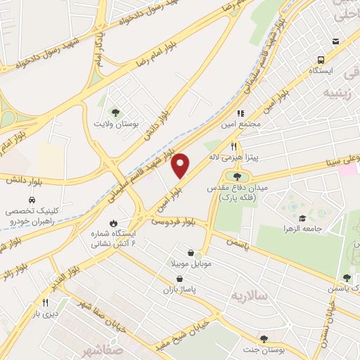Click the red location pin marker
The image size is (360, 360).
[x=181, y=165]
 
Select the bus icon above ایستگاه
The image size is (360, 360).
[x=321, y=60]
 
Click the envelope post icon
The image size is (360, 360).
[x=335, y=41]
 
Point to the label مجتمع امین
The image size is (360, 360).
[x=245, y=124]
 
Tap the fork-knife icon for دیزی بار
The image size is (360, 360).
[x=45, y=302]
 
